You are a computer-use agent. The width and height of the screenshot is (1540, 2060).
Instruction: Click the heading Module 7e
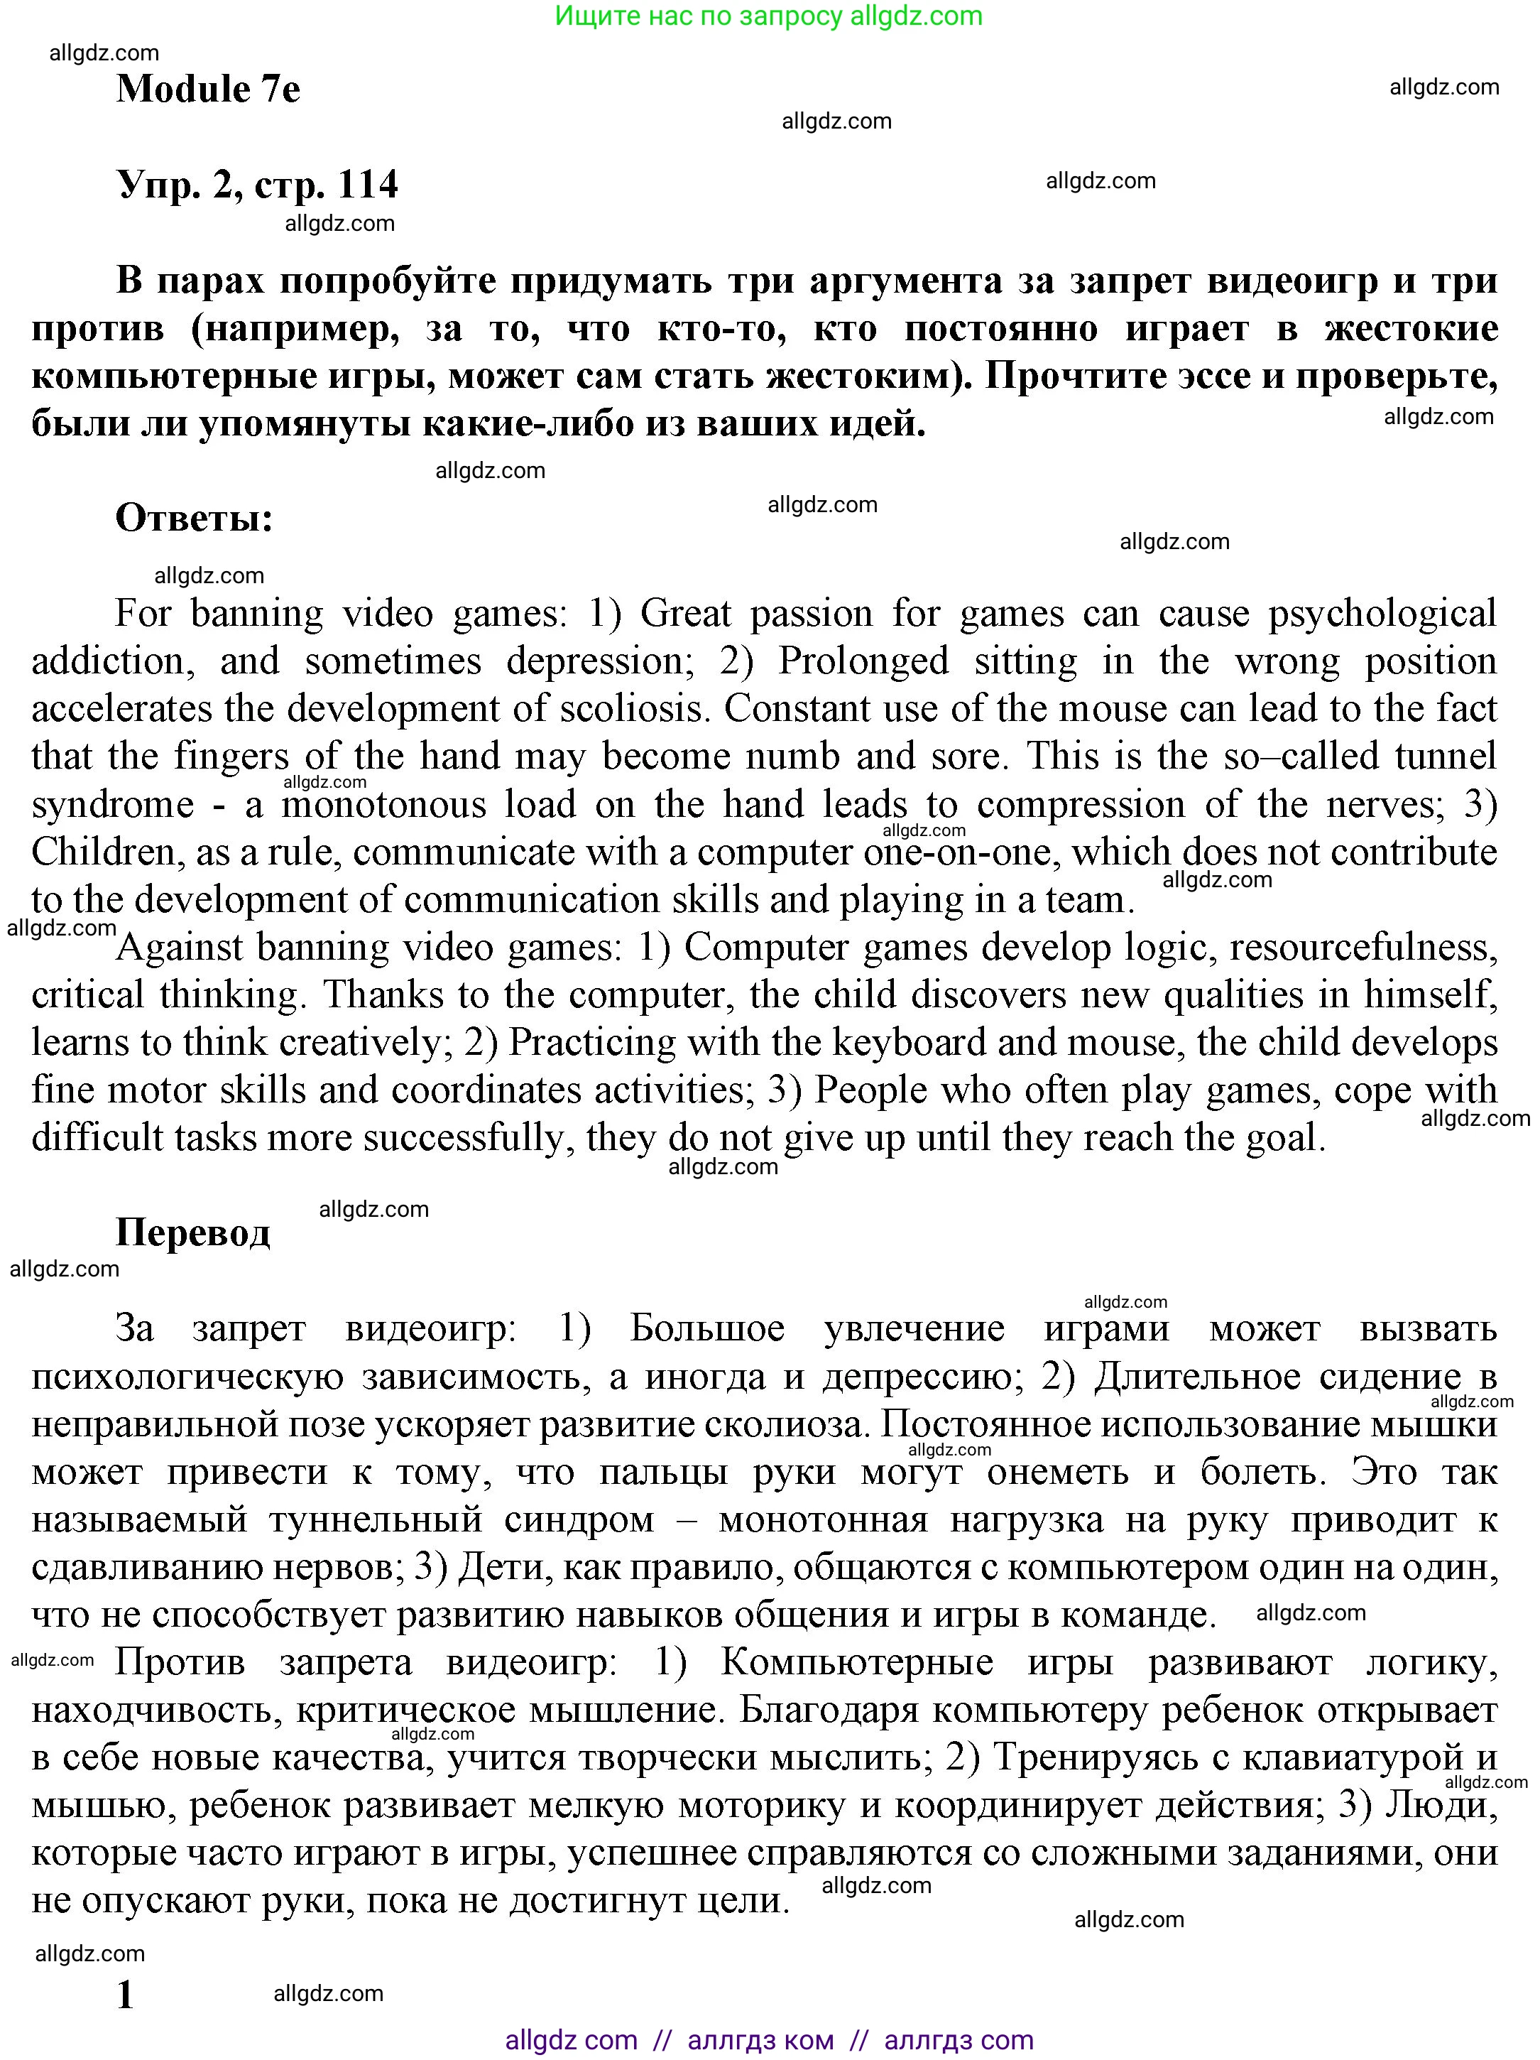(207, 90)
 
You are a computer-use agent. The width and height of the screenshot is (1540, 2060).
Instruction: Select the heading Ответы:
(194, 518)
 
